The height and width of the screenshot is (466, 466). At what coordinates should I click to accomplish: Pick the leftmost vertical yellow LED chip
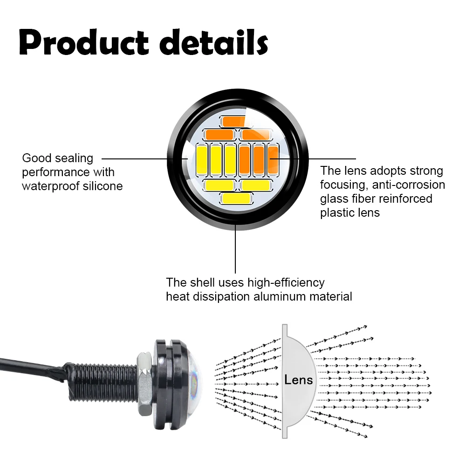click(x=202, y=160)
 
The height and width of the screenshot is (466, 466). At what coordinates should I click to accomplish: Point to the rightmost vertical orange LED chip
click(x=273, y=158)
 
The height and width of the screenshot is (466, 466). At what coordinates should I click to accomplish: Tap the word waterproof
click(x=48, y=186)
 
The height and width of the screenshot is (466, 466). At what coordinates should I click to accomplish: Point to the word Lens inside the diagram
click(x=299, y=379)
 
